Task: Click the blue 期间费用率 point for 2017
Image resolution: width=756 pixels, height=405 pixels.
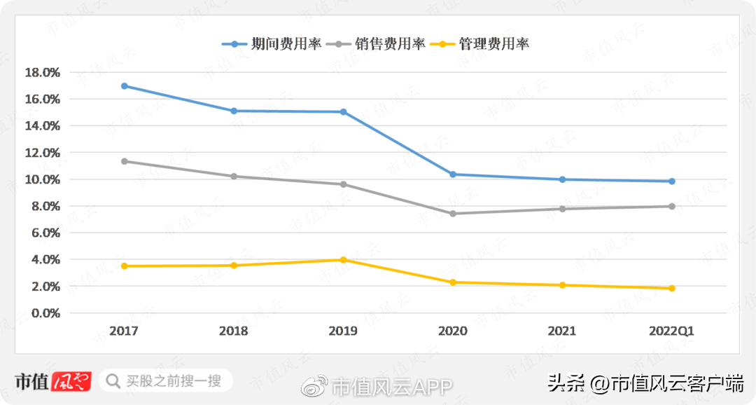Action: pos(125,86)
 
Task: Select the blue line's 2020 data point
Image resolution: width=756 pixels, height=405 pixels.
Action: pos(453,174)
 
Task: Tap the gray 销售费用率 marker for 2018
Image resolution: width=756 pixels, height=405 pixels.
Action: pos(234,176)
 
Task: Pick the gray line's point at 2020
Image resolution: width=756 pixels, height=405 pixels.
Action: pos(453,214)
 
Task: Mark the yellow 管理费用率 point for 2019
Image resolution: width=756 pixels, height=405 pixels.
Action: pos(343,260)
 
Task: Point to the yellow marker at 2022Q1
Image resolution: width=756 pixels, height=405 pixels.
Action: pos(671,288)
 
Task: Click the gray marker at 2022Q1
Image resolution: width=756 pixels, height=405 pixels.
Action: pos(671,206)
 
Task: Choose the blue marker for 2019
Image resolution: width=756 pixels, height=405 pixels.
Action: pos(343,112)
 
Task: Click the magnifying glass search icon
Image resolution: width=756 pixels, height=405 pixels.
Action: pos(112,381)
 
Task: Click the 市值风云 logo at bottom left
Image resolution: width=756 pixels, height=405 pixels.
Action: pos(53,381)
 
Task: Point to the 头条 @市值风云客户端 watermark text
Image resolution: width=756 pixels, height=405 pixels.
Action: pos(645,383)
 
